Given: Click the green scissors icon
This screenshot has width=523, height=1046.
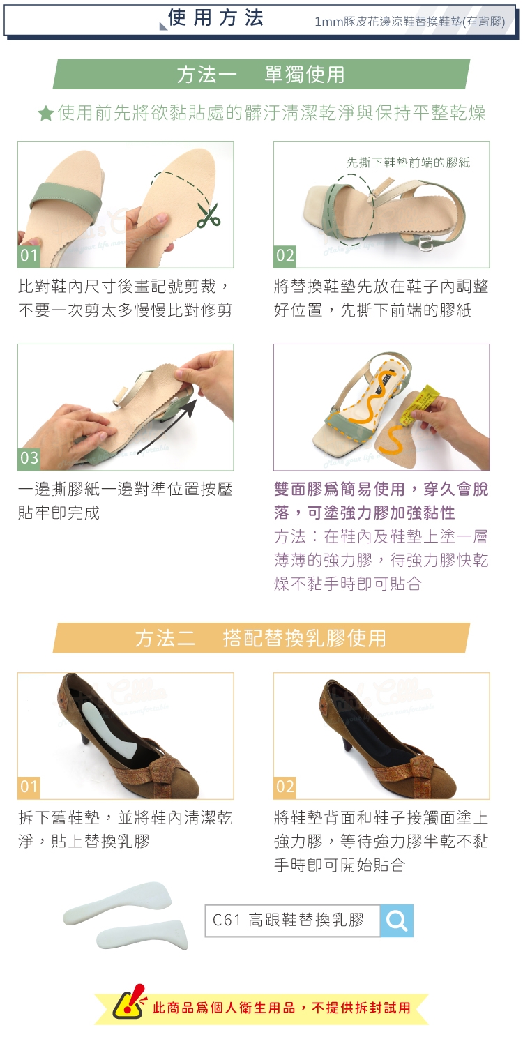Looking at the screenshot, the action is (209, 215).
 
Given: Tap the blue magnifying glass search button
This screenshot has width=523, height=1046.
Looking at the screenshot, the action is (397, 920).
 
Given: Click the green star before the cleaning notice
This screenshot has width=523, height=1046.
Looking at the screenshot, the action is (46, 113).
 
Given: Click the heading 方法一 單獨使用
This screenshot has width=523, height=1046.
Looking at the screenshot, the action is (261, 75).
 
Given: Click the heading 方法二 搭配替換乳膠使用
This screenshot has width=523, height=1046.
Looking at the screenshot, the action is (261, 638).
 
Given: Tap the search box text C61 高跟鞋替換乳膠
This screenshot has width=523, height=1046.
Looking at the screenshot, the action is (288, 920).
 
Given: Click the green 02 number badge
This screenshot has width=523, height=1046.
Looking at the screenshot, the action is (285, 255).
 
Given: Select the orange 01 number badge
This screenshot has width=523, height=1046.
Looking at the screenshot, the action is (29, 787).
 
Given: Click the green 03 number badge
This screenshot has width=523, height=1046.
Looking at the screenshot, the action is (29, 458).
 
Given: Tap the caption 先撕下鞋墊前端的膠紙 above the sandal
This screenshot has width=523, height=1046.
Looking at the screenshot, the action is (408, 162).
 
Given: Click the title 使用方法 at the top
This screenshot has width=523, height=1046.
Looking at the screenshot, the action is (215, 18).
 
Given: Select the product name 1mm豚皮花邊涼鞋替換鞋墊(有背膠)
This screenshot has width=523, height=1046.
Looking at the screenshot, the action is (410, 22).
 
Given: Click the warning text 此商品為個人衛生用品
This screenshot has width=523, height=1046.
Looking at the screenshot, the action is (224, 1007).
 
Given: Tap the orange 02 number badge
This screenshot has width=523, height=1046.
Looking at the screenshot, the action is (285, 787).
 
